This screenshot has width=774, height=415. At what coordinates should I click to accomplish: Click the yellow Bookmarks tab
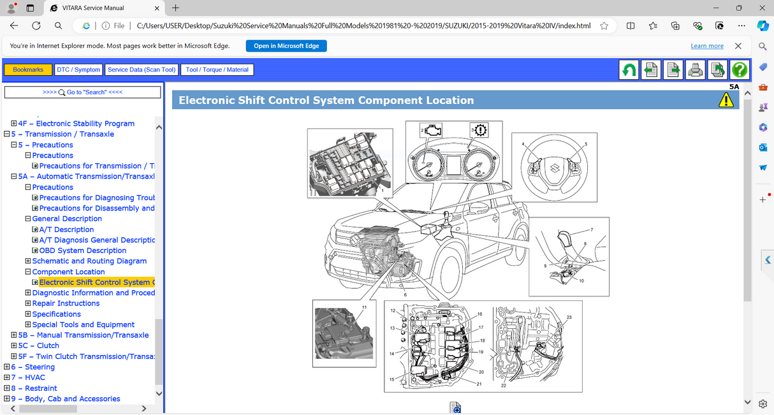coord(28,69)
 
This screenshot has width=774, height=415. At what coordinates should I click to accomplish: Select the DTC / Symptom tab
coord(78,69)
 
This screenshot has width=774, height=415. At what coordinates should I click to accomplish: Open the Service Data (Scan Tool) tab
coord(142,69)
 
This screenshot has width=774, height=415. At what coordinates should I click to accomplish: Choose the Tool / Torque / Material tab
coord(217,69)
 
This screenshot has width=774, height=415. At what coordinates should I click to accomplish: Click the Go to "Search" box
coord(82,92)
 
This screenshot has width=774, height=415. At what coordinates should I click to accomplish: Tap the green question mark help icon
coord(739,69)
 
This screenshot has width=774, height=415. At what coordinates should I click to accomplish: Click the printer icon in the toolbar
coord(695,69)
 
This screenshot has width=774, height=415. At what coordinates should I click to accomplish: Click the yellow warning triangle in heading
coord(726,100)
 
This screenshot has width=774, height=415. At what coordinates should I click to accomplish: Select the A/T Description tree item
coord(66,229)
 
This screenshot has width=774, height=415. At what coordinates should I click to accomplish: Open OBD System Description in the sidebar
coord(83,251)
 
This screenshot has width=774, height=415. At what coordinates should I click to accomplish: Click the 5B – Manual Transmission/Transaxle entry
coord(84,335)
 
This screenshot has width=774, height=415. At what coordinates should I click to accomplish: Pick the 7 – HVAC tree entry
coord(28,377)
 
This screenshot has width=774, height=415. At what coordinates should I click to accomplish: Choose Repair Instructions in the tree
coord(66,303)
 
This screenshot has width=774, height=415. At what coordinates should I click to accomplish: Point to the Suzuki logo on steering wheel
coord(555,170)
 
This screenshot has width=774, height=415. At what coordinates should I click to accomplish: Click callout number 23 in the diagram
coord(569,317)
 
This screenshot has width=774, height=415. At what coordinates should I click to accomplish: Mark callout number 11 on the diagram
coord(364,307)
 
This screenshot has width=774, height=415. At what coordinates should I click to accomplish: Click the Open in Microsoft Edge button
coord(286,46)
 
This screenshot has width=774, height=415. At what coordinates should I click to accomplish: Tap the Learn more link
coord(707,46)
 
